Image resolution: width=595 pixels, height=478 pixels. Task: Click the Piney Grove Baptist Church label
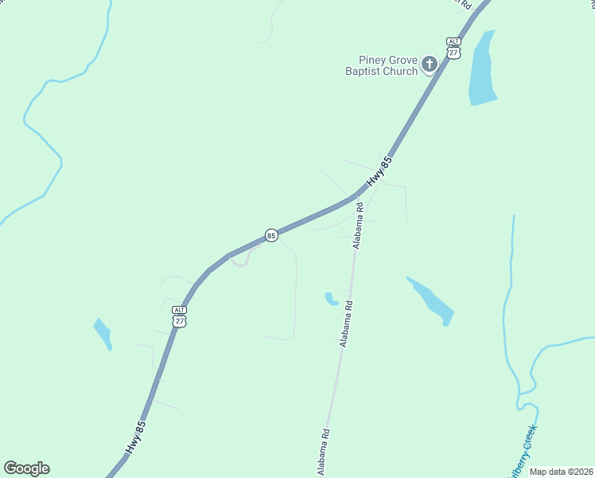pyautogui.click(x=388, y=65)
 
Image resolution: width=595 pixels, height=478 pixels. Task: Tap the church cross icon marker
pyautogui.click(x=430, y=65)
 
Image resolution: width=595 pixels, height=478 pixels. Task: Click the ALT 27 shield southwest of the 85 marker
pyautogui.click(x=180, y=315)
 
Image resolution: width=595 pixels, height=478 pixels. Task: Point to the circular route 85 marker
pyautogui.click(x=271, y=236)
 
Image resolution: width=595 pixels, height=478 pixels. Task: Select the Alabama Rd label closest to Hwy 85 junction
pyautogui.click(x=360, y=225)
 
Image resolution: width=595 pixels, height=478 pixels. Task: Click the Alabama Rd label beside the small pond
pyautogui.click(x=346, y=323)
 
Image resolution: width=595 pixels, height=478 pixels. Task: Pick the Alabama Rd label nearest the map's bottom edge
pyautogui.click(x=325, y=452)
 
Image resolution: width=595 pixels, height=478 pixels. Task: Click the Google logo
pyautogui.click(x=26, y=468)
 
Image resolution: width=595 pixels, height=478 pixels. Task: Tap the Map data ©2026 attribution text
pyautogui.click(x=562, y=472)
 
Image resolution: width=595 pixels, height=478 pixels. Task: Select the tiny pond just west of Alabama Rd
pyautogui.click(x=331, y=299)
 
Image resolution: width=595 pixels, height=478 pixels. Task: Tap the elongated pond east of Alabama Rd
pyautogui.click(x=431, y=300)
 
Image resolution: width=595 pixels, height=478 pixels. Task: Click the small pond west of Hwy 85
pyautogui.click(x=103, y=333)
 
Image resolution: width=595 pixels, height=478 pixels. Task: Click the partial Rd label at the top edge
pyautogui.click(x=462, y=4)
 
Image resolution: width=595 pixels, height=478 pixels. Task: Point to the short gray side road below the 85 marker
pyautogui.click(x=247, y=257)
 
